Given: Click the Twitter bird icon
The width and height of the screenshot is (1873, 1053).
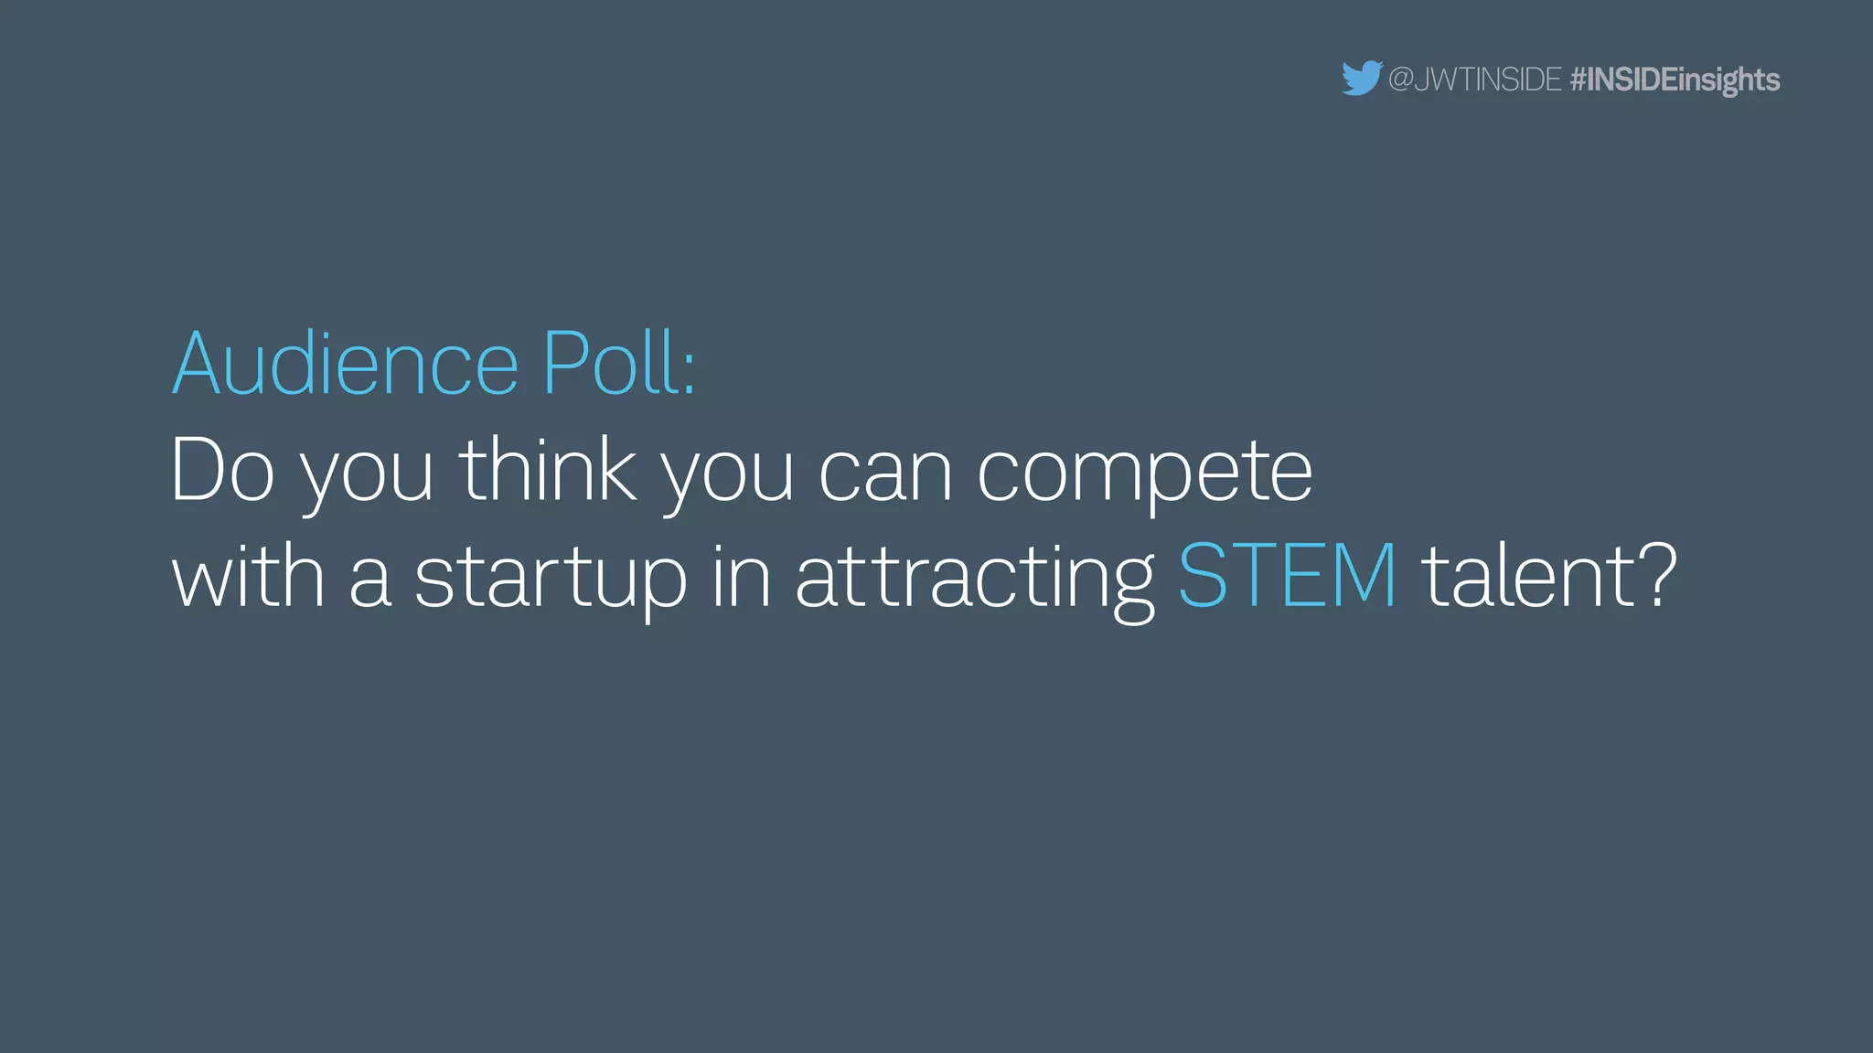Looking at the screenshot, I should [x=1361, y=79].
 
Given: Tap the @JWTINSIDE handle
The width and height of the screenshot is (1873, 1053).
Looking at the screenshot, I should [x=1474, y=80].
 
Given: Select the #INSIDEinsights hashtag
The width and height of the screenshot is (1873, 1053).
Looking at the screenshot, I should [x=1675, y=80].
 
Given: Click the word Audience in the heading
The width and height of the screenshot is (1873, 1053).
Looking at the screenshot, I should [x=346, y=365].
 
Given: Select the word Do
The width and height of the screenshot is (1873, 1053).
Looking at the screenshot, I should [x=222, y=471].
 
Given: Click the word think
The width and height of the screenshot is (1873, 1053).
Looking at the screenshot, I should [x=547, y=471].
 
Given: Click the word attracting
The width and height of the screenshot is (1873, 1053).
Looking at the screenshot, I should [x=975, y=582].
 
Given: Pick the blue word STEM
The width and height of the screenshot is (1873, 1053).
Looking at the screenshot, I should [x=1287, y=576].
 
